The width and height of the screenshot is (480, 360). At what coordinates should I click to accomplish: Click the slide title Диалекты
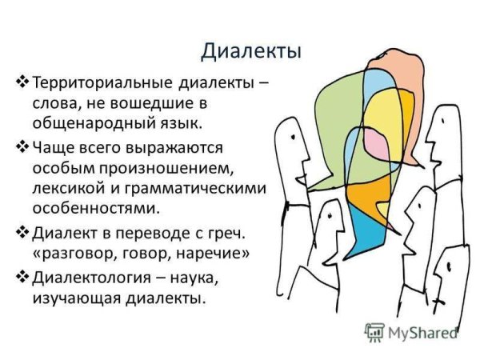coord(250,50)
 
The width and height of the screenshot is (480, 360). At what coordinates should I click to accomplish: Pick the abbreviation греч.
coord(228,233)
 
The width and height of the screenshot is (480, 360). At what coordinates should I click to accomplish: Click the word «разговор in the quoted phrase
coord(77,254)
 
